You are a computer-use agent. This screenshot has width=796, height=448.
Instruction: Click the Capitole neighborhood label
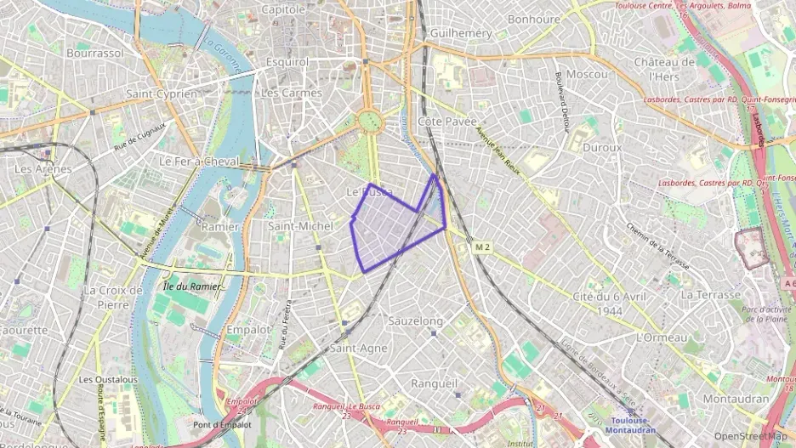coord(283,9)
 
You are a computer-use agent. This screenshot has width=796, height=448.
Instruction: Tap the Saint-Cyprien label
coord(162,94)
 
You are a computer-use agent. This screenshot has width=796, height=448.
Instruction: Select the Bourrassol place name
coord(95,53)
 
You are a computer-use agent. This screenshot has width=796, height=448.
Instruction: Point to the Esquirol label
coord(287,62)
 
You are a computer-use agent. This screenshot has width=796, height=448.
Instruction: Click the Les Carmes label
coord(292,93)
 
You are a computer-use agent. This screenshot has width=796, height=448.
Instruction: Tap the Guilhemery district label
coord(462,32)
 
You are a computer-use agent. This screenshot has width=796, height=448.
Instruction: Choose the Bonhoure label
coord(533,19)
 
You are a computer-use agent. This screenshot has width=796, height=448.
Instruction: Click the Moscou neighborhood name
coord(587,74)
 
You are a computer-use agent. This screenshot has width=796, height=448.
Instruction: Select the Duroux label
coord(602,147)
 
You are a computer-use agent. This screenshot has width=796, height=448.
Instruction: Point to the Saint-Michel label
coord(300,226)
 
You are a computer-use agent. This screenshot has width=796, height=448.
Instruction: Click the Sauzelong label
coord(415,321)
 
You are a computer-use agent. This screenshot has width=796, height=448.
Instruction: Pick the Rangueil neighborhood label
coord(434,383)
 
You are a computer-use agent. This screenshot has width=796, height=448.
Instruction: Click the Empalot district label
coord(248,329)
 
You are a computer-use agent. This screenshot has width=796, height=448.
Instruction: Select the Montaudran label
coord(736,399)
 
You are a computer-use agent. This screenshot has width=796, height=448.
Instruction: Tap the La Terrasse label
coord(710,294)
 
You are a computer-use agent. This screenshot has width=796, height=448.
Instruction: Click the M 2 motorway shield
coord(483,247)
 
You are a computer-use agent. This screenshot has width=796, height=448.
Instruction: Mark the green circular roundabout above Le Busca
coord(370,122)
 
